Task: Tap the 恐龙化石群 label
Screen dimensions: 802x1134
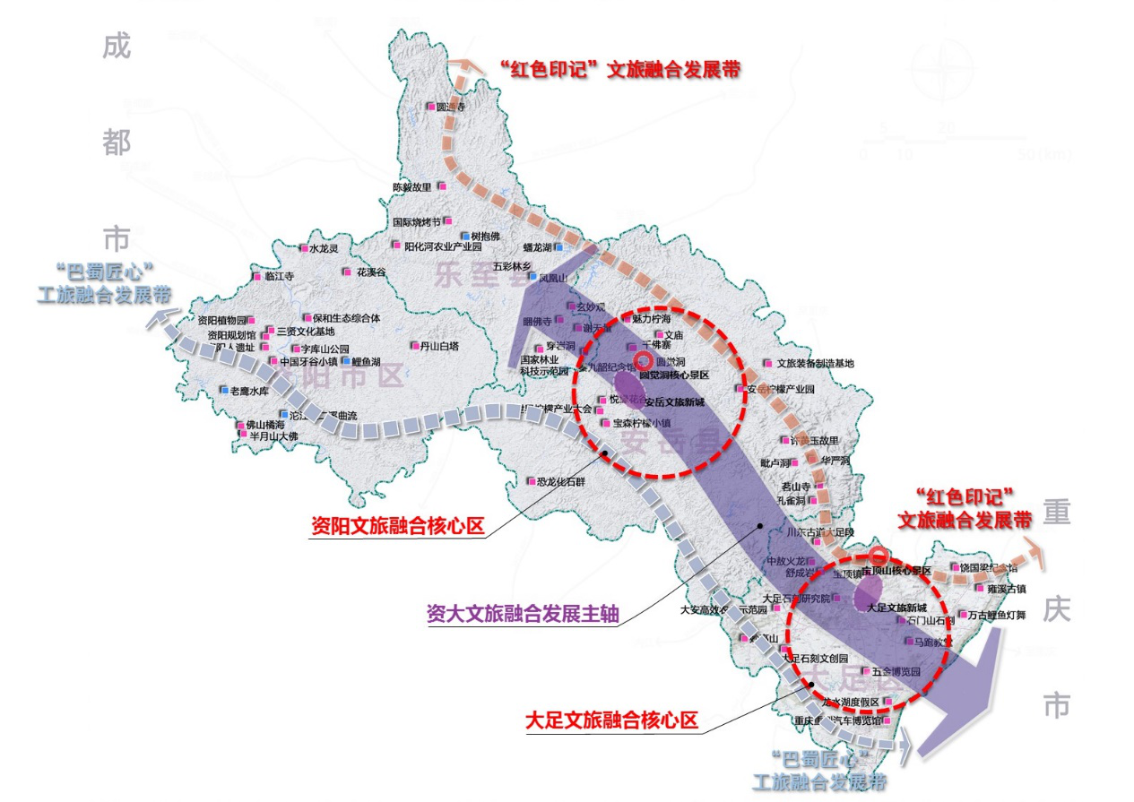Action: [x=561, y=481]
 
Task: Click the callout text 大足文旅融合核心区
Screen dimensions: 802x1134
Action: [x=611, y=720]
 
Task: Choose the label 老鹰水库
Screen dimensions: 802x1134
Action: [x=249, y=391]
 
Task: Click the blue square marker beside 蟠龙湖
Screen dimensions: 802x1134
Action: [x=558, y=247]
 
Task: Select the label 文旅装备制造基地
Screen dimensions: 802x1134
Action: [x=815, y=363]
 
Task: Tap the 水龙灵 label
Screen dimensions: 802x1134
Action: [x=324, y=248]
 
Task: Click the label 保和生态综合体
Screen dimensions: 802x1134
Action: [x=347, y=317]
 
